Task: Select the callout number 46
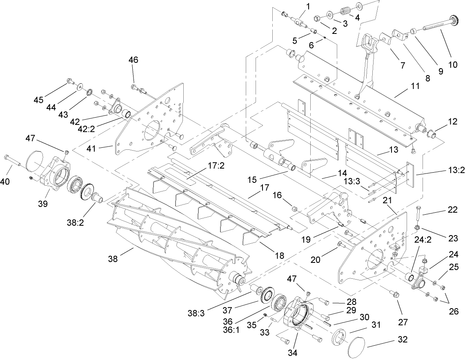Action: pos(133,60)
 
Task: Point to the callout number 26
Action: pos(453,311)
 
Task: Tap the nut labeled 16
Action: pos(294,209)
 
